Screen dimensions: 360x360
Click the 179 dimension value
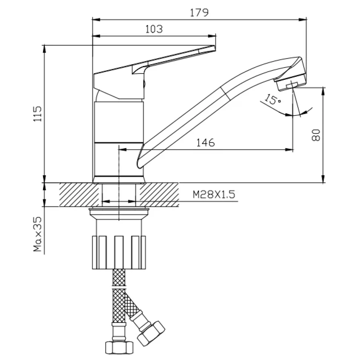199,12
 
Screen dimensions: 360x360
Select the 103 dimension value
154,29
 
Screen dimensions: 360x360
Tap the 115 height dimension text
37,114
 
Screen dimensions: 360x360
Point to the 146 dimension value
206,143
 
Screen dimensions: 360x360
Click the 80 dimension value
316,135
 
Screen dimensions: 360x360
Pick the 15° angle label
273,99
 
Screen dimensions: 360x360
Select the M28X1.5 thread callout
214,194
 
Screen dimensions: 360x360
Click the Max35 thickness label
37,234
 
